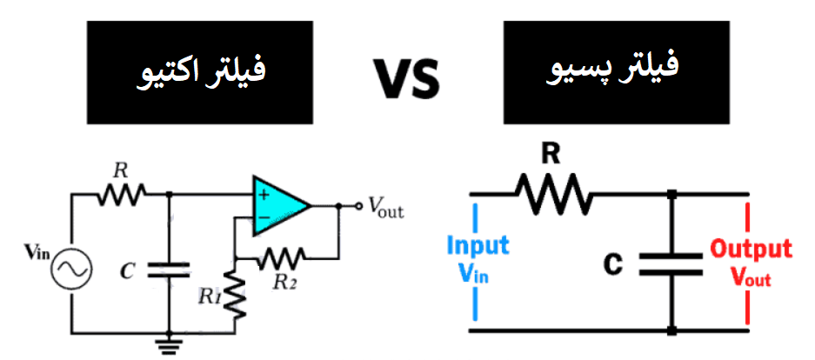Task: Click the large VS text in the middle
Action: (x=407, y=77)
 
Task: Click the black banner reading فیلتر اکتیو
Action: (x=199, y=73)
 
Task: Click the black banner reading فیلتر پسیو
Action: (x=614, y=73)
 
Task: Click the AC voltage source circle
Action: (x=70, y=270)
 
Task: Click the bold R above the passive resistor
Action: (x=550, y=155)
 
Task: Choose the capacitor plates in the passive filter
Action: (x=671, y=263)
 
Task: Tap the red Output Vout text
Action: (x=751, y=263)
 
